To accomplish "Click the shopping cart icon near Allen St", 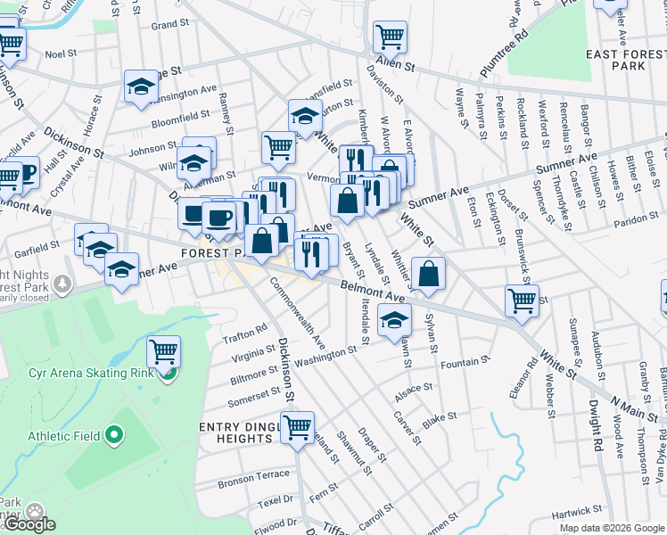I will (x=391, y=37).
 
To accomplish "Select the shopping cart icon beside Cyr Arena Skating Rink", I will (x=163, y=352).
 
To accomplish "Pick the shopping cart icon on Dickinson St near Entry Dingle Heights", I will (x=297, y=427).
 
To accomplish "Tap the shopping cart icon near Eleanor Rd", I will (x=522, y=300).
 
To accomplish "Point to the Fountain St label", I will (x=461, y=363).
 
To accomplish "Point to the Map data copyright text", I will (x=611, y=528).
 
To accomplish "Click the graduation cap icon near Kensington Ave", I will (x=141, y=86).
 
